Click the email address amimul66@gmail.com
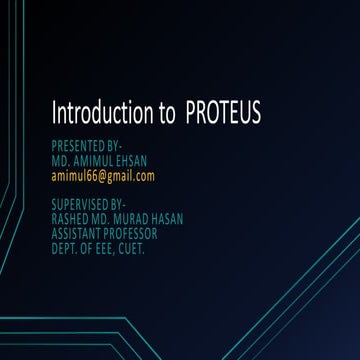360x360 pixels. coord(103,176)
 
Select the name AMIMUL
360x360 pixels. coord(97,161)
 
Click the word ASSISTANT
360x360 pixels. coord(78,234)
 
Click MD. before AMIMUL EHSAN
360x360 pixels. coord(60,161)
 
